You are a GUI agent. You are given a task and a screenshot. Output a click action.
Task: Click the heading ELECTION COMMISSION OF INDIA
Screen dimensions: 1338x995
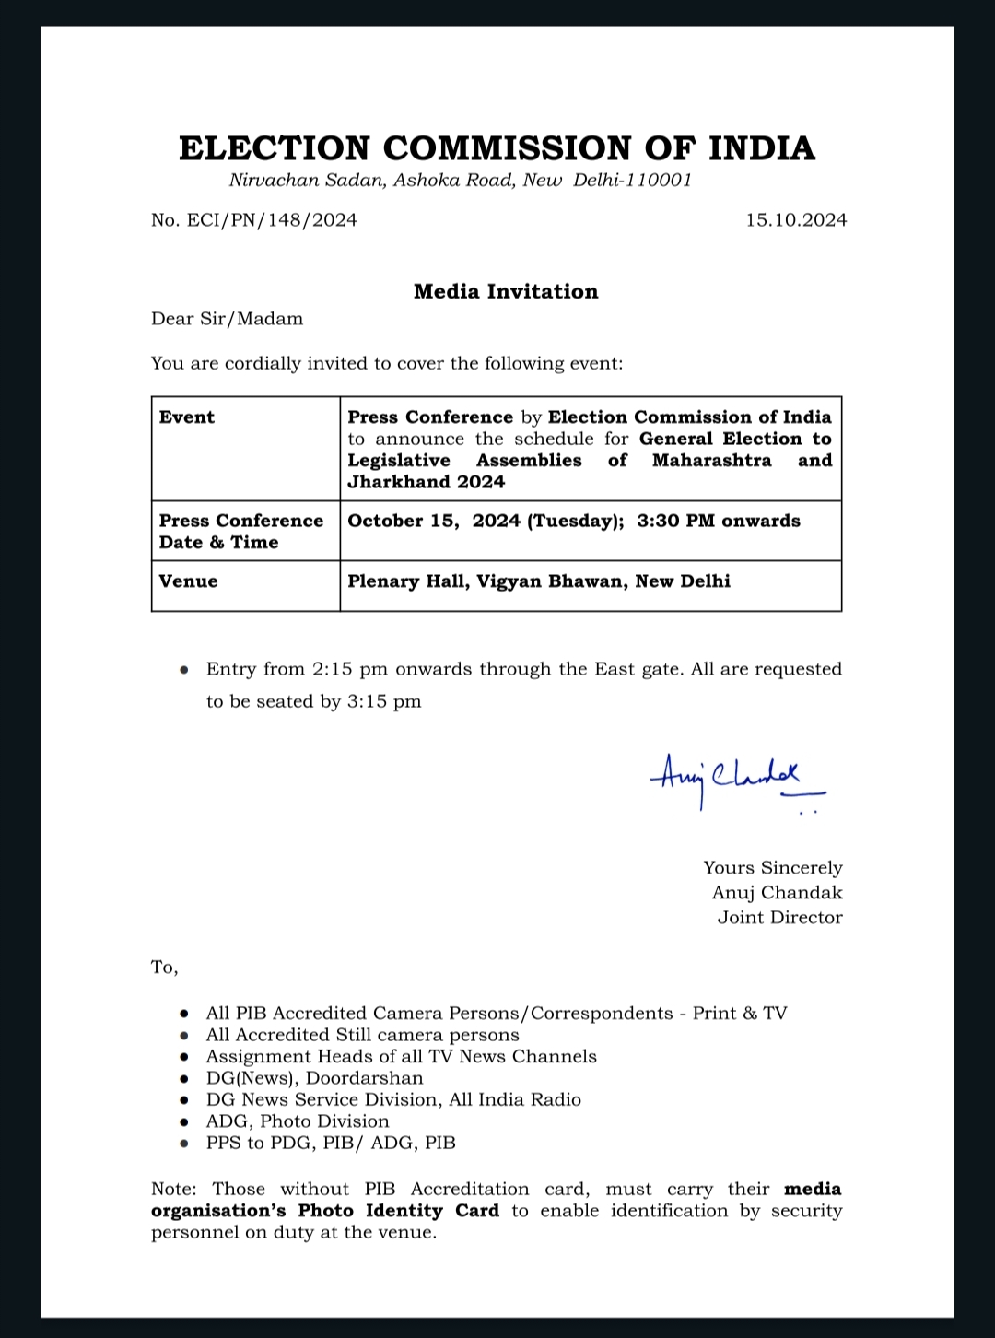[497, 148]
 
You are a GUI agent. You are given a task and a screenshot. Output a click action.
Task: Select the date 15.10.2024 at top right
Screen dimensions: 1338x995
[796, 220]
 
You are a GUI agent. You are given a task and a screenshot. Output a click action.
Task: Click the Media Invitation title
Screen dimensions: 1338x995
[506, 292]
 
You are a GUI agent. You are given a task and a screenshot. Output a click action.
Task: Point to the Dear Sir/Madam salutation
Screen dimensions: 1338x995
[227, 320]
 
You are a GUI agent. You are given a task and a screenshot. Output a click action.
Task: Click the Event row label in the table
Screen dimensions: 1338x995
[187, 417]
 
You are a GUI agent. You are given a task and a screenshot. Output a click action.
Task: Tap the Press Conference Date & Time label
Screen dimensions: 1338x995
[240, 532]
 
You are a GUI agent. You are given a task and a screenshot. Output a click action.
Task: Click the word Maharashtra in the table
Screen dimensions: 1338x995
[711, 461]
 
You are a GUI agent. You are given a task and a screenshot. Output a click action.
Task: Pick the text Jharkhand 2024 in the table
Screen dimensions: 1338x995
[426, 482]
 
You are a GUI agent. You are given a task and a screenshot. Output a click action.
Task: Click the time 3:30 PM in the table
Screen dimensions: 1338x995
[675, 522]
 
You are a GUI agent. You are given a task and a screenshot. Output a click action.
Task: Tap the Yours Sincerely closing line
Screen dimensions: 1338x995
[772, 868]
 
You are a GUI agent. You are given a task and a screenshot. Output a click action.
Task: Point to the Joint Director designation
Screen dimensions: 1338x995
[779, 918]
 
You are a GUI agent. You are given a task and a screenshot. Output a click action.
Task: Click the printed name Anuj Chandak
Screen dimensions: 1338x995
[777, 893]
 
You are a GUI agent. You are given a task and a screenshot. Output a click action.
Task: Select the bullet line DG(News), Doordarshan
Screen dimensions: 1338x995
[314, 1078]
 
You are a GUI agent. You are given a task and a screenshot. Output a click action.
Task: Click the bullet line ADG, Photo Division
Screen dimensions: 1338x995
[298, 1121]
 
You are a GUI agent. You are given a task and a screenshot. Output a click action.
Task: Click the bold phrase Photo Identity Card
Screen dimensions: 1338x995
[398, 1211]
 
